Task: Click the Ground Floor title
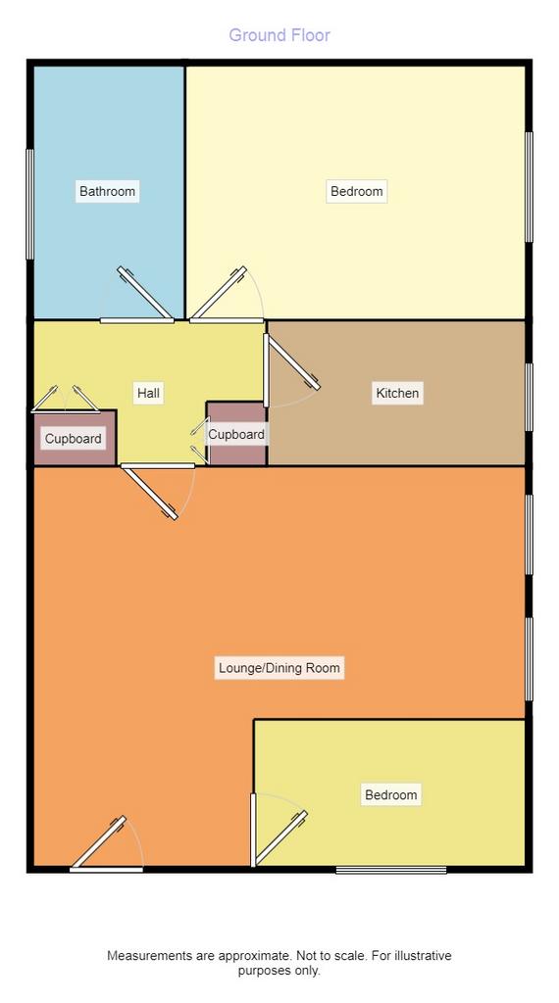pyautogui.click(x=279, y=35)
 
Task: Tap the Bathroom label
pyautogui.click(x=107, y=191)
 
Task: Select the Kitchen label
pyautogui.click(x=397, y=393)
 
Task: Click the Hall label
pyautogui.click(x=148, y=393)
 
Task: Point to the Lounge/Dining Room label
pyautogui.click(x=279, y=668)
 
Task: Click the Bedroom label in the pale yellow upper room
pyautogui.click(x=357, y=191)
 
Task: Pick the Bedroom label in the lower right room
pyautogui.click(x=390, y=795)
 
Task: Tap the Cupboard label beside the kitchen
pyautogui.click(x=236, y=435)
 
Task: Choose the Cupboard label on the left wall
pyautogui.click(x=73, y=439)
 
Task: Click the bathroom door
pyautogui.click(x=145, y=293)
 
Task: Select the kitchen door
pyautogui.click(x=293, y=362)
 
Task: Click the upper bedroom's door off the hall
pyautogui.click(x=219, y=293)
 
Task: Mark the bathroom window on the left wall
pyautogui.click(x=29, y=204)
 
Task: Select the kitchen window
pyautogui.click(x=529, y=397)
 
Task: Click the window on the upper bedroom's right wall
pyautogui.click(x=529, y=187)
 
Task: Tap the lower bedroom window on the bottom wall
pyautogui.click(x=391, y=870)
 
